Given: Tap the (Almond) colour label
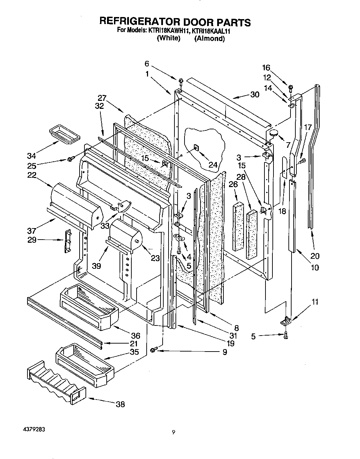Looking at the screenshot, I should [209, 39].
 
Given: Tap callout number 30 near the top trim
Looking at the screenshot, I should [255, 95].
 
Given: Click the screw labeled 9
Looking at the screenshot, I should [154, 349].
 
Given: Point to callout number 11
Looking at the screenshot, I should [314, 302].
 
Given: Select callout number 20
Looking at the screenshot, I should [314, 256].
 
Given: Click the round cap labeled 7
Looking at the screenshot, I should [275, 132].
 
